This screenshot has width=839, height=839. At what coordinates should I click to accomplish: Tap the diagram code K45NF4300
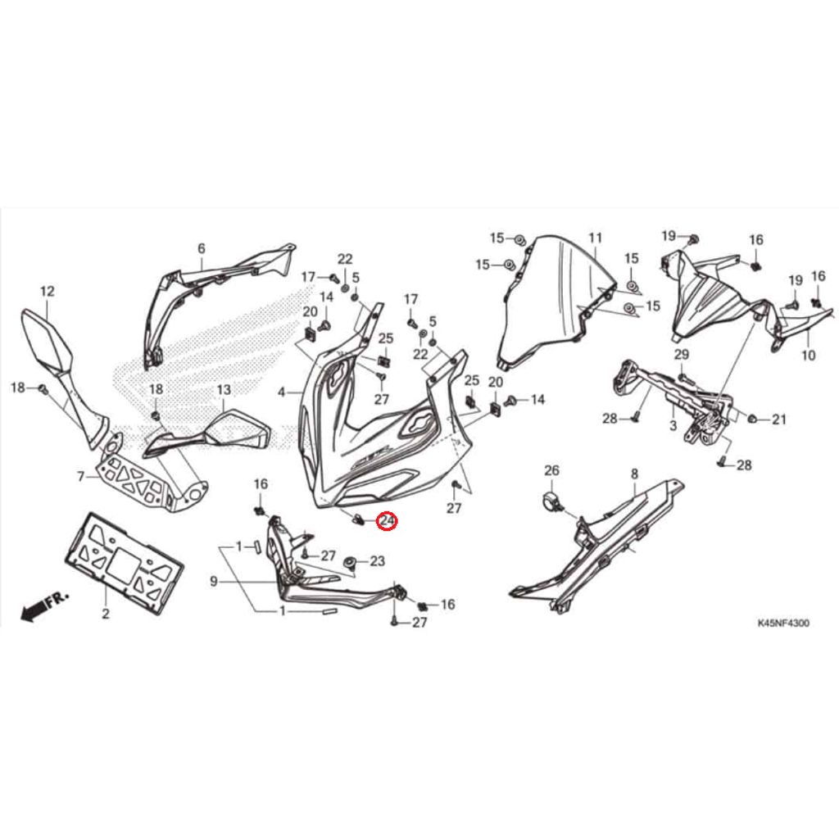click(x=782, y=624)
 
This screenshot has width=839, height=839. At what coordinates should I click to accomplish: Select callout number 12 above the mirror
click(x=47, y=291)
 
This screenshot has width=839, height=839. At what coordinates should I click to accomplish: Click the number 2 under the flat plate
click(x=105, y=613)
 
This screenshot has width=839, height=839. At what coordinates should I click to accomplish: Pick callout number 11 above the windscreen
click(x=595, y=238)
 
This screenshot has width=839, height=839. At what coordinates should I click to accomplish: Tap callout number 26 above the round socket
click(x=551, y=470)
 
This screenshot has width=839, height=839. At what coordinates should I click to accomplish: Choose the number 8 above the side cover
click(x=634, y=474)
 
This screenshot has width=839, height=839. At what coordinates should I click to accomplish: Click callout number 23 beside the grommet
click(x=377, y=561)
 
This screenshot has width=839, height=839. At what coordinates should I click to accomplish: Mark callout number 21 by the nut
click(x=778, y=419)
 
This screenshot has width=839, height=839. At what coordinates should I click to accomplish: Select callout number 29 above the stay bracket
click(x=681, y=354)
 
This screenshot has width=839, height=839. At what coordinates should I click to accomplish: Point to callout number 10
click(x=809, y=356)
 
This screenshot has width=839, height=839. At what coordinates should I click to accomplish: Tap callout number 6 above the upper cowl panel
click(x=201, y=248)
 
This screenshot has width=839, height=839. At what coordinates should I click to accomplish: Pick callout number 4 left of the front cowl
click(x=282, y=392)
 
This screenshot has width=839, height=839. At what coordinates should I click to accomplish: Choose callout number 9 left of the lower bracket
click(x=213, y=582)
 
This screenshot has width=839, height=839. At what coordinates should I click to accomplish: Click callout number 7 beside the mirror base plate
click(x=81, y=476)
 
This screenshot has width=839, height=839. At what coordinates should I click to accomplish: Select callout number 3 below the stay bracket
click(x=673, y=426)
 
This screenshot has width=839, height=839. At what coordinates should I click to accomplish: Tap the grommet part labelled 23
click(x=351, y=562)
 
